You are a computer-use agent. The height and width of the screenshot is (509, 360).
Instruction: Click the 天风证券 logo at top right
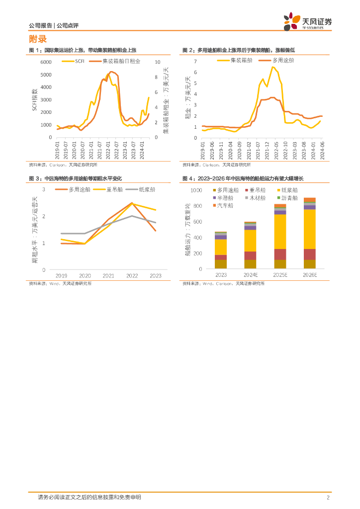(307, 21)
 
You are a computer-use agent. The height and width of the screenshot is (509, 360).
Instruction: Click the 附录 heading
(38, 39)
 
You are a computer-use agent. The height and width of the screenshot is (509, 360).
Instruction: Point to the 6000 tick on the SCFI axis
(46, 62)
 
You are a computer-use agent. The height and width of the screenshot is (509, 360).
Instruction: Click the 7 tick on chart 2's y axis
(195, 61)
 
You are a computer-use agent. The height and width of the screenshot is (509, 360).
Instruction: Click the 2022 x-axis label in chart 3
(132, 275)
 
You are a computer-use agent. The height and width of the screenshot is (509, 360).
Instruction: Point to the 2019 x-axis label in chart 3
(61, 275)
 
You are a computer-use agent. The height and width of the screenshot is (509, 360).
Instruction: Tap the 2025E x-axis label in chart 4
(280, 275)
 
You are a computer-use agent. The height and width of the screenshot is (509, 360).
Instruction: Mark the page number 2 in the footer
(328, 498)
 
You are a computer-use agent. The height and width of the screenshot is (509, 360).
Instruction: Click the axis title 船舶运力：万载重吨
(187, 229)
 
